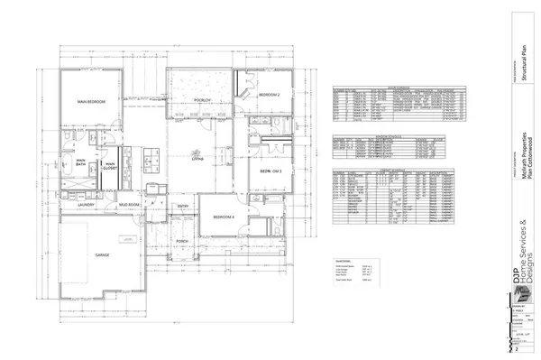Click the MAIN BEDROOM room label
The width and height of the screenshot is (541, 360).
pyautogui.click(x=91, y=102)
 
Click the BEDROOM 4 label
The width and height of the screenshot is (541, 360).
pyautogui.click(x=223, y=217)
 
